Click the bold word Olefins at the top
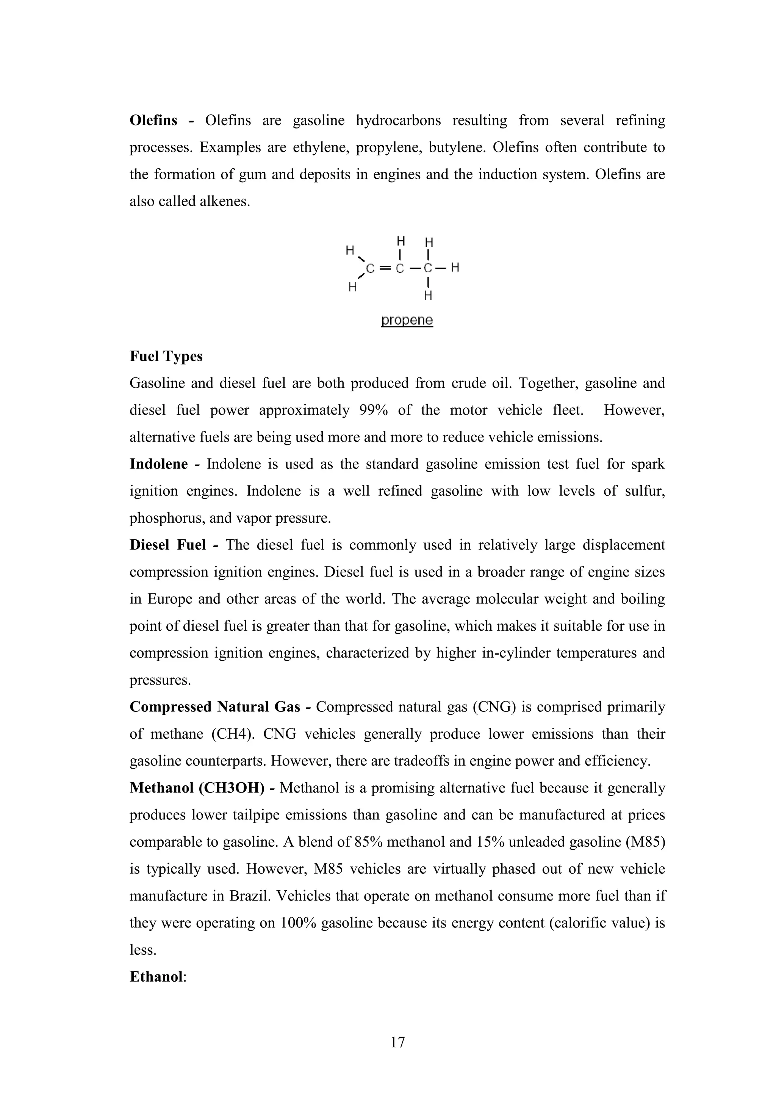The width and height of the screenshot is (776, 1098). pyautogui.click(x=153, y=120)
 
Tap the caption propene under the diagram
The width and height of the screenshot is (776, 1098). pyautogui.click(x=407, y=320)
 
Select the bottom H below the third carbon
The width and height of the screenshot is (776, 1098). pyautogui.click(x=428, y=296)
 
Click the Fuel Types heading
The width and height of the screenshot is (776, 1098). pyautogui.click(x=166, y=356)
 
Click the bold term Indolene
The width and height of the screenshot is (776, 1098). pyautogui.click(x=158, y=464)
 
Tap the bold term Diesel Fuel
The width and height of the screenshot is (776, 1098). pyautogui.click(x=167, y=545)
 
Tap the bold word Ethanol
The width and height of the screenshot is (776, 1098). pyautogui.click(x=156, y=977)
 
